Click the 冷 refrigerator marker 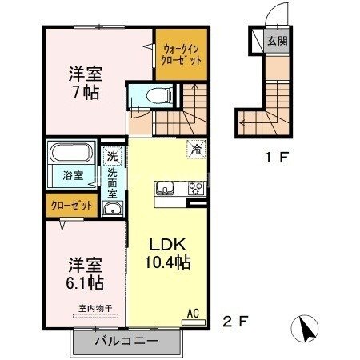195,148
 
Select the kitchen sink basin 166,190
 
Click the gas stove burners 195,190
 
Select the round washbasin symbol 113,210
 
